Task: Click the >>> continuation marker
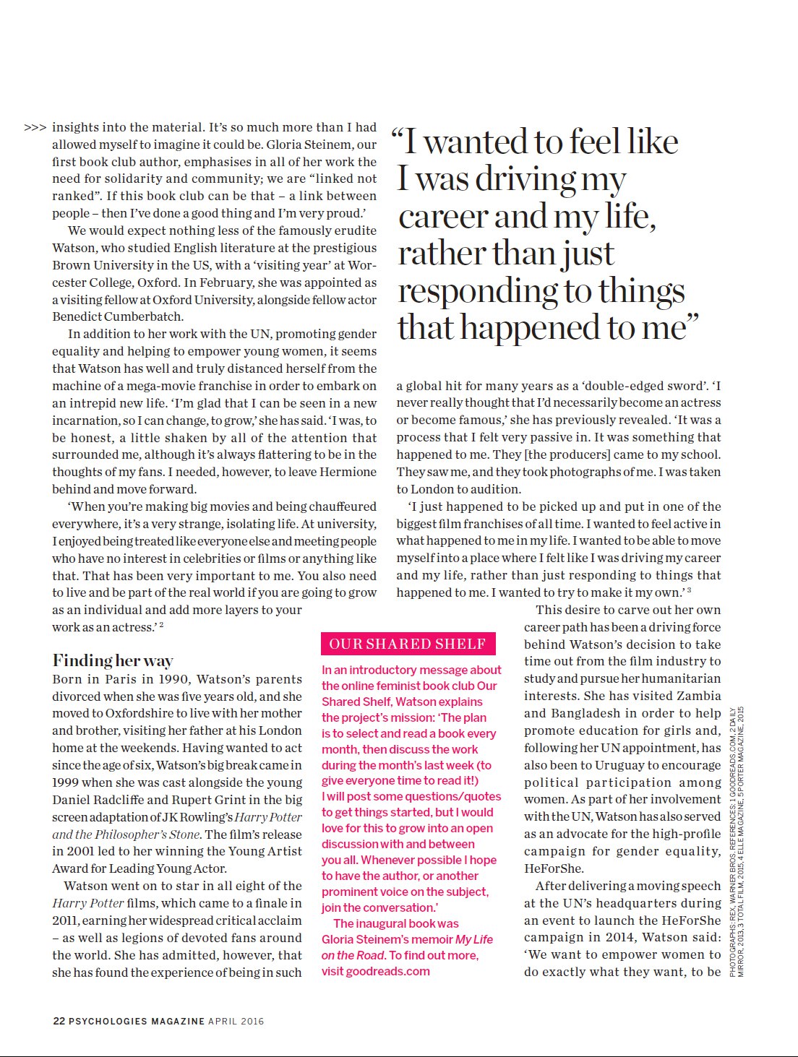point(35,128)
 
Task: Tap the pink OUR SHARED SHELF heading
point(407,644)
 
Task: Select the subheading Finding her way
point(112,660)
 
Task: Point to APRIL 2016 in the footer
point(236,1021)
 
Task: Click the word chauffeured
point(343,506)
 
